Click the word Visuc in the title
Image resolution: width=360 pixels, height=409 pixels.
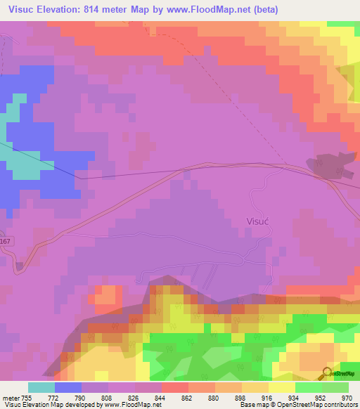[21, 10]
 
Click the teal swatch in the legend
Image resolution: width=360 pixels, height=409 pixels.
[41, 387]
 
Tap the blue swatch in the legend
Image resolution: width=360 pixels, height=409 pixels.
[68, 387]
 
